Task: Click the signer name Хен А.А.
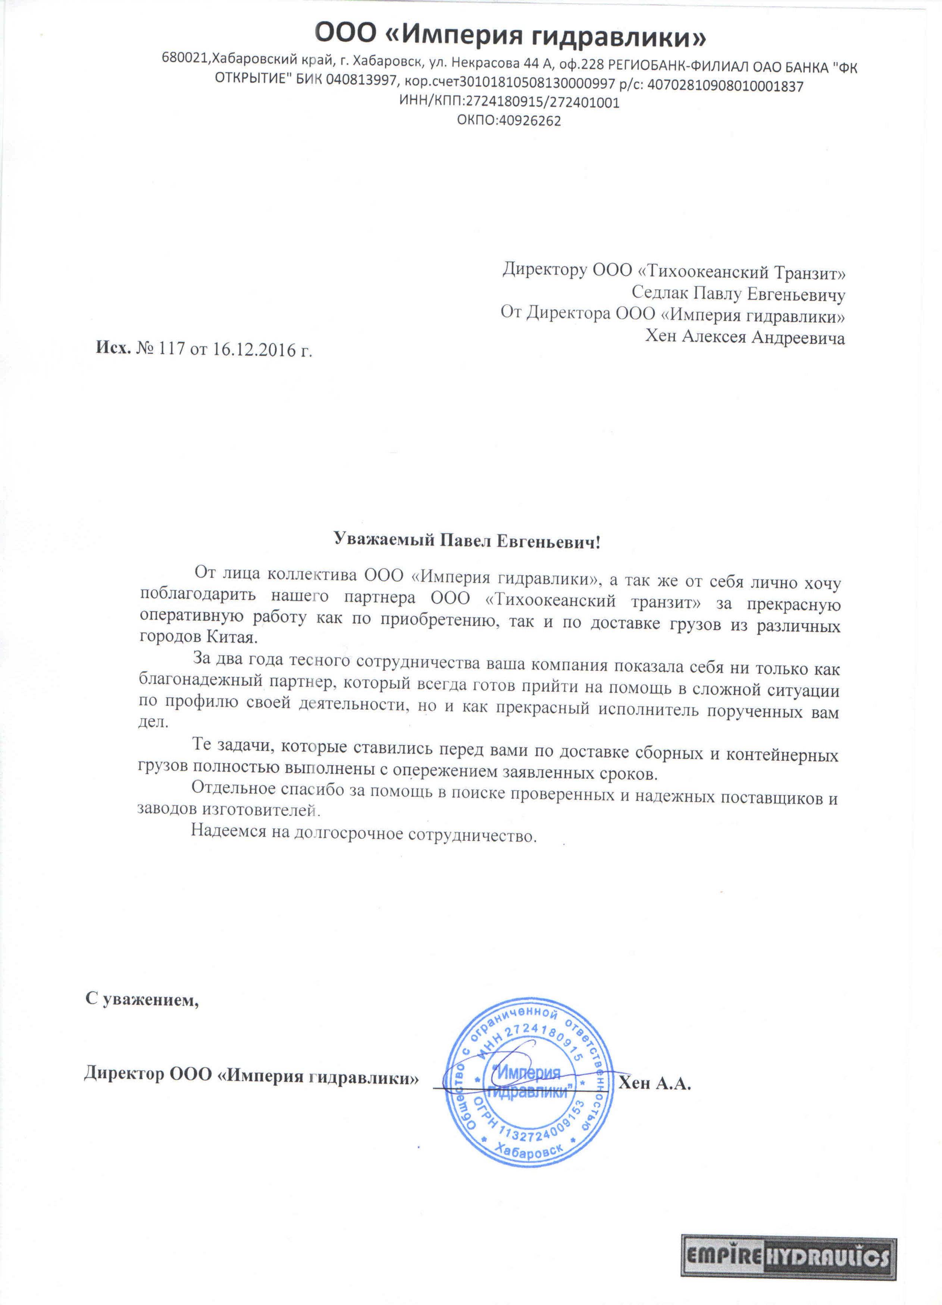point(655,1084)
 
